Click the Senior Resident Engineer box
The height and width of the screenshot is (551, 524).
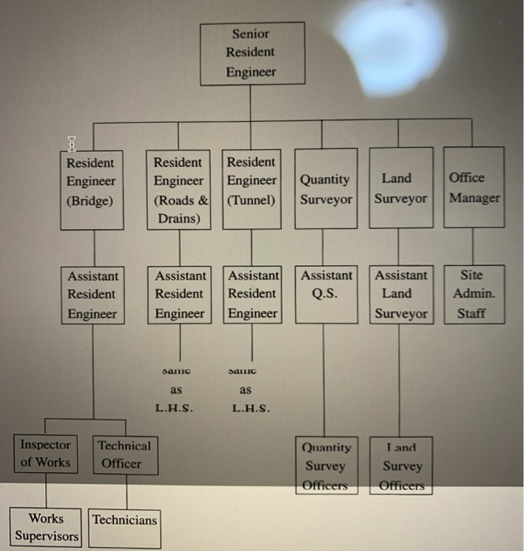click(251, 54)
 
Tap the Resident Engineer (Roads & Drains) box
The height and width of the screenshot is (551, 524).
click(180, 189)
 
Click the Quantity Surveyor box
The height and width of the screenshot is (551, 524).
click(325, 189)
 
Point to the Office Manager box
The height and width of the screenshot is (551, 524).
click(474, 189)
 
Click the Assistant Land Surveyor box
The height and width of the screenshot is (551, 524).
click(400, 294)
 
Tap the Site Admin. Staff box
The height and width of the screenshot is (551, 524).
click(474, 294)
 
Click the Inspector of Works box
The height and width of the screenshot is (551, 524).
click(46, 454)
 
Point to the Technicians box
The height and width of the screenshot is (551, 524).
click(124, 520)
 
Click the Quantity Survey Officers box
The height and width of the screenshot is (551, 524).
click(326, 466)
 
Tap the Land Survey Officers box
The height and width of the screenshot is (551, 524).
click(400, 466)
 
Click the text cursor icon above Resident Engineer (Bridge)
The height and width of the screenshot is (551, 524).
click(72, 144)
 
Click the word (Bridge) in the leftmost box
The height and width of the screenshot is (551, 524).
click(90, 200)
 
